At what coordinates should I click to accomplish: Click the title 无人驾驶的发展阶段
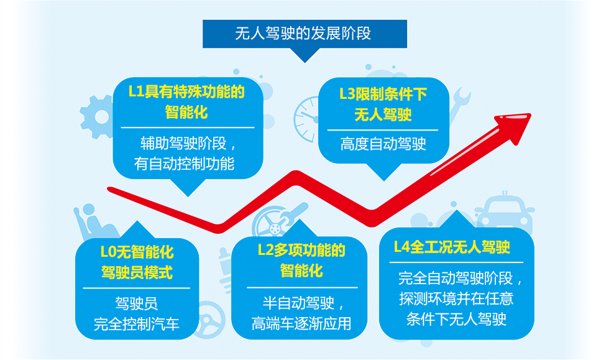click(303, 34)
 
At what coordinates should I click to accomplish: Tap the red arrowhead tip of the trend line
click(531, 114)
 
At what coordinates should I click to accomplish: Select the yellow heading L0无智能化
click(137, 252)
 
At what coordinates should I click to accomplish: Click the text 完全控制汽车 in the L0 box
click(136, 324)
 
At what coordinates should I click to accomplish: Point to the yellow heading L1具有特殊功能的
click(186, 92)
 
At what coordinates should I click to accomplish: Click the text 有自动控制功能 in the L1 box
click(184, 164)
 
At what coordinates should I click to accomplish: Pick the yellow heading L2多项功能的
click(301, 250)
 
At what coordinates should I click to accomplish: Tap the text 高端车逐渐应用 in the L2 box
click(301, 323)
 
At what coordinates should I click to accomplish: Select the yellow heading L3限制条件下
click(383, 94)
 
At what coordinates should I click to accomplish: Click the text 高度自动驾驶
click(383, 144)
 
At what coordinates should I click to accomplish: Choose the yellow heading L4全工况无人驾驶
click(452, 247)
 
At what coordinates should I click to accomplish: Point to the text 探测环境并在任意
click(456, 298)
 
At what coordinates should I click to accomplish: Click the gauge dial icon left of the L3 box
click(307, 119)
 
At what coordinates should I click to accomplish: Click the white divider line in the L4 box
click(456, 262)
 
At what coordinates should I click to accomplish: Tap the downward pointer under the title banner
click(305, 55)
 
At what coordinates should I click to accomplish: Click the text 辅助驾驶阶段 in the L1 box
click(183, 144)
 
